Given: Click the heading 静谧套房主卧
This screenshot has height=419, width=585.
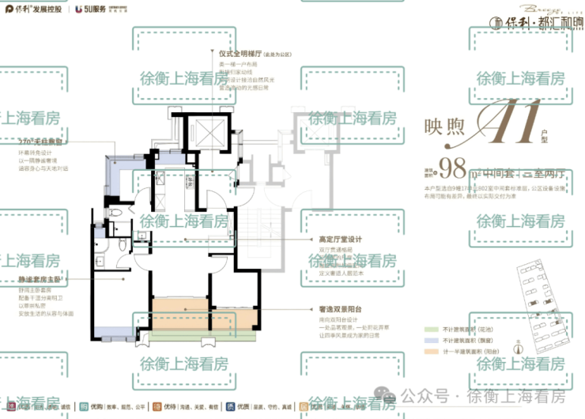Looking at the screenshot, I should tap(39, 280).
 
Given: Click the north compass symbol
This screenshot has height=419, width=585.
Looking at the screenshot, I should tap(519, 349).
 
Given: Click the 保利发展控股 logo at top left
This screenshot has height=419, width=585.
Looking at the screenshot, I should tap(35, 10).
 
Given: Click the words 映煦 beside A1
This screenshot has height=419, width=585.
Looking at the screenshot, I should tap(447, 126).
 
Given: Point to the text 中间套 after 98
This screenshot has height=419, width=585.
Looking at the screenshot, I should tap(504, 168).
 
